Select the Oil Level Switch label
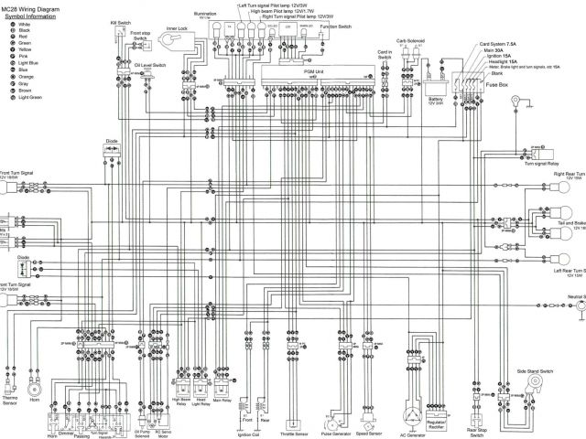[149, 67]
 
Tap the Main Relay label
[222, 400]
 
